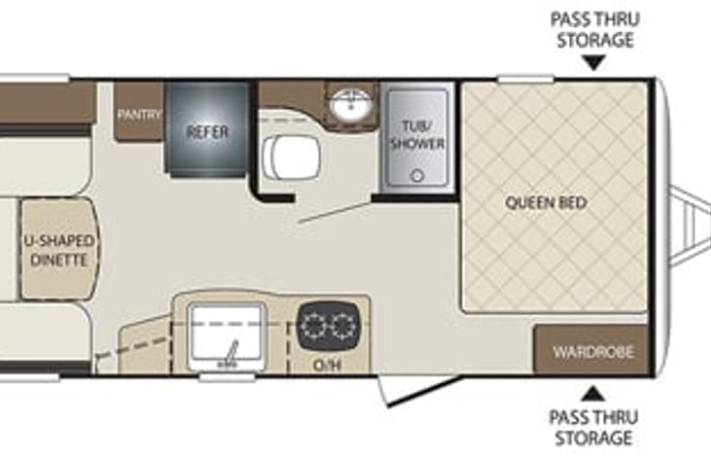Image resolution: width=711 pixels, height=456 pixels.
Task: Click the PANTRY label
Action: click(x=139, y=114)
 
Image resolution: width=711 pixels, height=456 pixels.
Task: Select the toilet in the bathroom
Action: click(x=291, y=158)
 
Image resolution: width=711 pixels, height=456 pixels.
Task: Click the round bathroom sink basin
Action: click(x=351, y=104)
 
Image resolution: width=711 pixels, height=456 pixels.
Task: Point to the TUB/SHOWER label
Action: click(x=417, y=134)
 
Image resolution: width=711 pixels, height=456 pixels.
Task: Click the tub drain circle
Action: click(x=416, y=175)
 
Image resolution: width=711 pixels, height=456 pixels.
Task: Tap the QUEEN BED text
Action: click(x=547, y=202)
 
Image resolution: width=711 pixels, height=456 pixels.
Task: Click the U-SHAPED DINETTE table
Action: click(x=59, y=249)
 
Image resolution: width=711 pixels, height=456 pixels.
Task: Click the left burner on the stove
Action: click(x=312, y=326)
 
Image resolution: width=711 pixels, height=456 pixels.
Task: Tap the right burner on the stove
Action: click(x=342, y=326)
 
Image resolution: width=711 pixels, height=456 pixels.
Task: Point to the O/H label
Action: click(x=327, y=365)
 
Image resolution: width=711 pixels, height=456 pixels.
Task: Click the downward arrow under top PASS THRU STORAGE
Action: click(x=594, y=62)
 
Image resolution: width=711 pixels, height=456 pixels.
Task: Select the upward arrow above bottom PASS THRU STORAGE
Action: click(x=593, y=394)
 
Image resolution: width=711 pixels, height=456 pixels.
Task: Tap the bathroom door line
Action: click(x=336, y=212)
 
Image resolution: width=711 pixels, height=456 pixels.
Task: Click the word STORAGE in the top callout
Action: click(x=595, y=40)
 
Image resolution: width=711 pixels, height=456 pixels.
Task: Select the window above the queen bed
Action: click(x=525, y=80)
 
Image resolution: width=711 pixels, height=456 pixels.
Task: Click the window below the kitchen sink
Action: click(x=227, y=376)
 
